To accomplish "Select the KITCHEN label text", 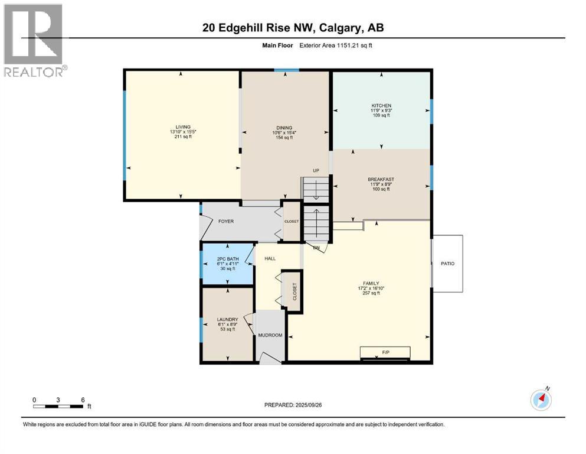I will [381, 106].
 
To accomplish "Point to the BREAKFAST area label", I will [381, 180].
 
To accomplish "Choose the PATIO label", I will [447, 264].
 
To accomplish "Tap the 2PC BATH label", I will [228, 258].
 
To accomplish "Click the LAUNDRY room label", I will [227, 320].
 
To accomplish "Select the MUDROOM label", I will [270, 335].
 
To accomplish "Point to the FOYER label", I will [226, 222].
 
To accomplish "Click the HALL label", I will [270, 258].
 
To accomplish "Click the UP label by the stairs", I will [316, 171].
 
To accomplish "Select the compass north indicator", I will [541, 399].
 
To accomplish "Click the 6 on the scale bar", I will [83, 399].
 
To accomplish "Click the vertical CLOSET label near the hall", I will [294, 291].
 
